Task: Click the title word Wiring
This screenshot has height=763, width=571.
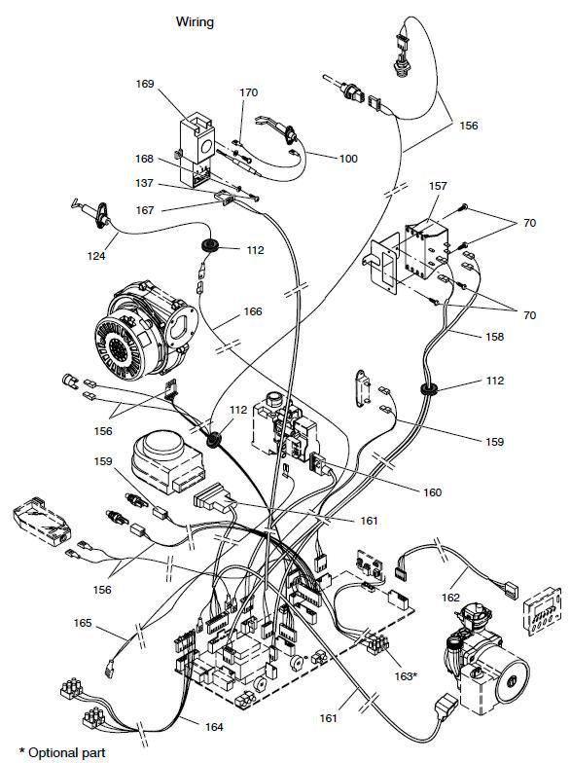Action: pyautogui.click(x=195, y=22)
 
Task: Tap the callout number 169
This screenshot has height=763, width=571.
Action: pyautogui.click(x=144, y=84)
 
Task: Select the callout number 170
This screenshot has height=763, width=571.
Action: pyautogui.click(x=249, y=92)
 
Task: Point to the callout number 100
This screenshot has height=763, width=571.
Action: pyautogui.click(x=348, y=159)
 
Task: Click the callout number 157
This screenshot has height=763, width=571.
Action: pyautogui.click(x=438, y=186)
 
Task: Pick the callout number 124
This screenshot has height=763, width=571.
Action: pyautogui.click(x=96, y=255)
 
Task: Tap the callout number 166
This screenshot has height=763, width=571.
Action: pyautogui.click(x=253, y=311)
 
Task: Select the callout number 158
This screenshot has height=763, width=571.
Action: pyautogui.click(x=494, y=337)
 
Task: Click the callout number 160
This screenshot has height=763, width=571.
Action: pyautogui.click(x=432, y=492)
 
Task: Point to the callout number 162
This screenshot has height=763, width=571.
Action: pyautogui.click(x=451, y=598)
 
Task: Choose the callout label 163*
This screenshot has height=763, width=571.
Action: pyautogui.click(x=406, y=676)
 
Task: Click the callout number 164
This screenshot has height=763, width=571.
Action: pyautogui.click(x=214, y=727)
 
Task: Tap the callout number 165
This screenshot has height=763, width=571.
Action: pyautogui.click(x=83, y=623)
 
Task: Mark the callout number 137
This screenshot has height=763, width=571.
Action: pyautogui.click(x=144, y=183)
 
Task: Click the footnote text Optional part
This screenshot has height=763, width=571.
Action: pyautogui.click(x=67, y=753)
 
